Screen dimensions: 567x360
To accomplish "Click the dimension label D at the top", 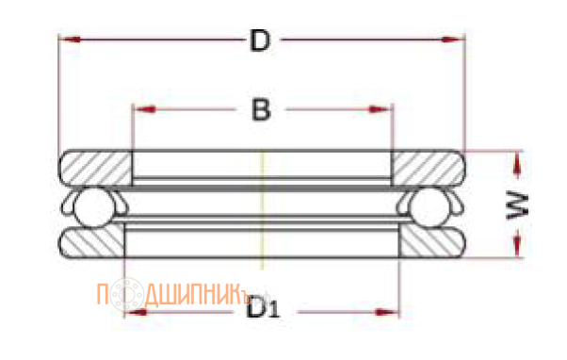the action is (x=260, y=41).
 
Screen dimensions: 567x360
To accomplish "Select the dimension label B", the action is (x=261, y=110).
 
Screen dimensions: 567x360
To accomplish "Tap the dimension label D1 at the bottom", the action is (x=263, y=307).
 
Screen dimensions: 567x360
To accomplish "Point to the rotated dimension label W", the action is (x=517, y=206).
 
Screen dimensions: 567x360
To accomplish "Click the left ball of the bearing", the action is (x=94, y=208).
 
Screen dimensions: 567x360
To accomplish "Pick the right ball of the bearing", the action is (x=429, y=207).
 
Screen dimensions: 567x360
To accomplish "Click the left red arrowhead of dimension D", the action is (x=70, y=39).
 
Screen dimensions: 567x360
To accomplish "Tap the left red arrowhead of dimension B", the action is (x=145, y=109).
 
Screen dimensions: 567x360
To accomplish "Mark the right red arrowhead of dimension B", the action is (x=380, y=109).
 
